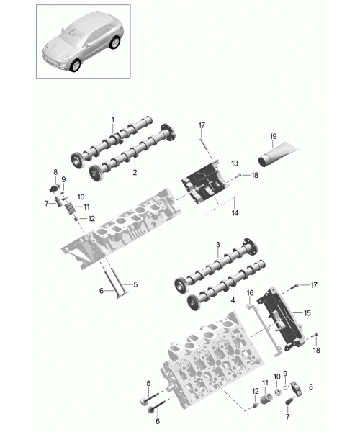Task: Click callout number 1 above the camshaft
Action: pos(112,120)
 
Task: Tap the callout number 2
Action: pos(135,173)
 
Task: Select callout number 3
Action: pos(218,244)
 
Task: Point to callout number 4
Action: pos(233,300)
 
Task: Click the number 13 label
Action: pos(235,163)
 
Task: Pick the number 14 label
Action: pos(235,212)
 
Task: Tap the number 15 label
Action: pos(307,313)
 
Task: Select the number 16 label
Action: pos(250,293)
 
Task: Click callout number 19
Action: pos(273,136)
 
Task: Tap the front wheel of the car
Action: pos(75,65)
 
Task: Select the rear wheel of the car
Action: pos(114,42)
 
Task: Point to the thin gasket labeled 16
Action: pos(264,330)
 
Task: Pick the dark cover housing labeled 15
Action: pos(281,318)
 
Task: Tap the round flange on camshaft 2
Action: pos(168,132)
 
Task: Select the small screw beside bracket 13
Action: pos(238,175)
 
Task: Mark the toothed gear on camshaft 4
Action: pos(193,303)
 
